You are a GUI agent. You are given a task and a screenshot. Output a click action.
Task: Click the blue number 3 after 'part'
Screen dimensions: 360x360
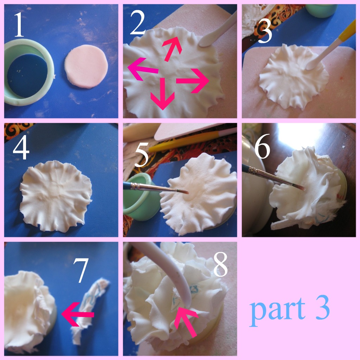point(322,308)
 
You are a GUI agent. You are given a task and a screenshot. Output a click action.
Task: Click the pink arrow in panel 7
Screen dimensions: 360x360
point(77,314)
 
